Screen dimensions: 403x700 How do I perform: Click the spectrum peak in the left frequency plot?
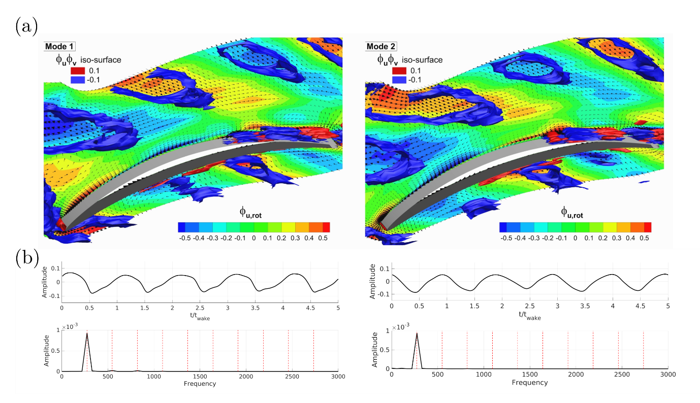click(x=87, y=333)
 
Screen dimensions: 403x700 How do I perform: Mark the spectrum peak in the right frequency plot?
click(x=417, y=333)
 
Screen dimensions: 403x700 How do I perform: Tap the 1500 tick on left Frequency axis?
click(x=200, y=377)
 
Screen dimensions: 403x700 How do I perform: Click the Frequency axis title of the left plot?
click(x=200, y=384)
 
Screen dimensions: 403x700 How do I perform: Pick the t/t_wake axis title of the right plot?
click(x=529, y=315)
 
